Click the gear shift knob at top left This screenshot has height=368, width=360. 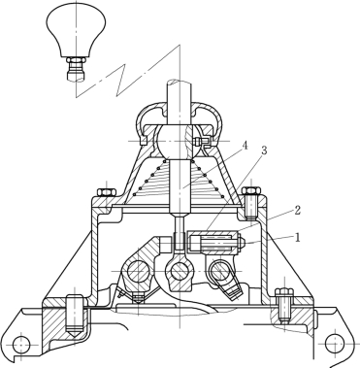click(76, 30)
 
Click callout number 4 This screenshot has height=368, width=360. click(245, 146)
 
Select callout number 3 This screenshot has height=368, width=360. click(264, 151)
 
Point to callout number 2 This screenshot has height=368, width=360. click(298, 211)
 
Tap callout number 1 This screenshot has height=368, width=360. click(298, 238)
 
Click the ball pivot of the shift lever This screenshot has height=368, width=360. click(176, 142)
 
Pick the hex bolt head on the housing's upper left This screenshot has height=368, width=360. click(106, 191)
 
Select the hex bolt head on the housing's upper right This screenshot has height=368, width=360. click(252, 190)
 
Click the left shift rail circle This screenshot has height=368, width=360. click(138, 271)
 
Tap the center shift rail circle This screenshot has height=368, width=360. click(179, 271)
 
